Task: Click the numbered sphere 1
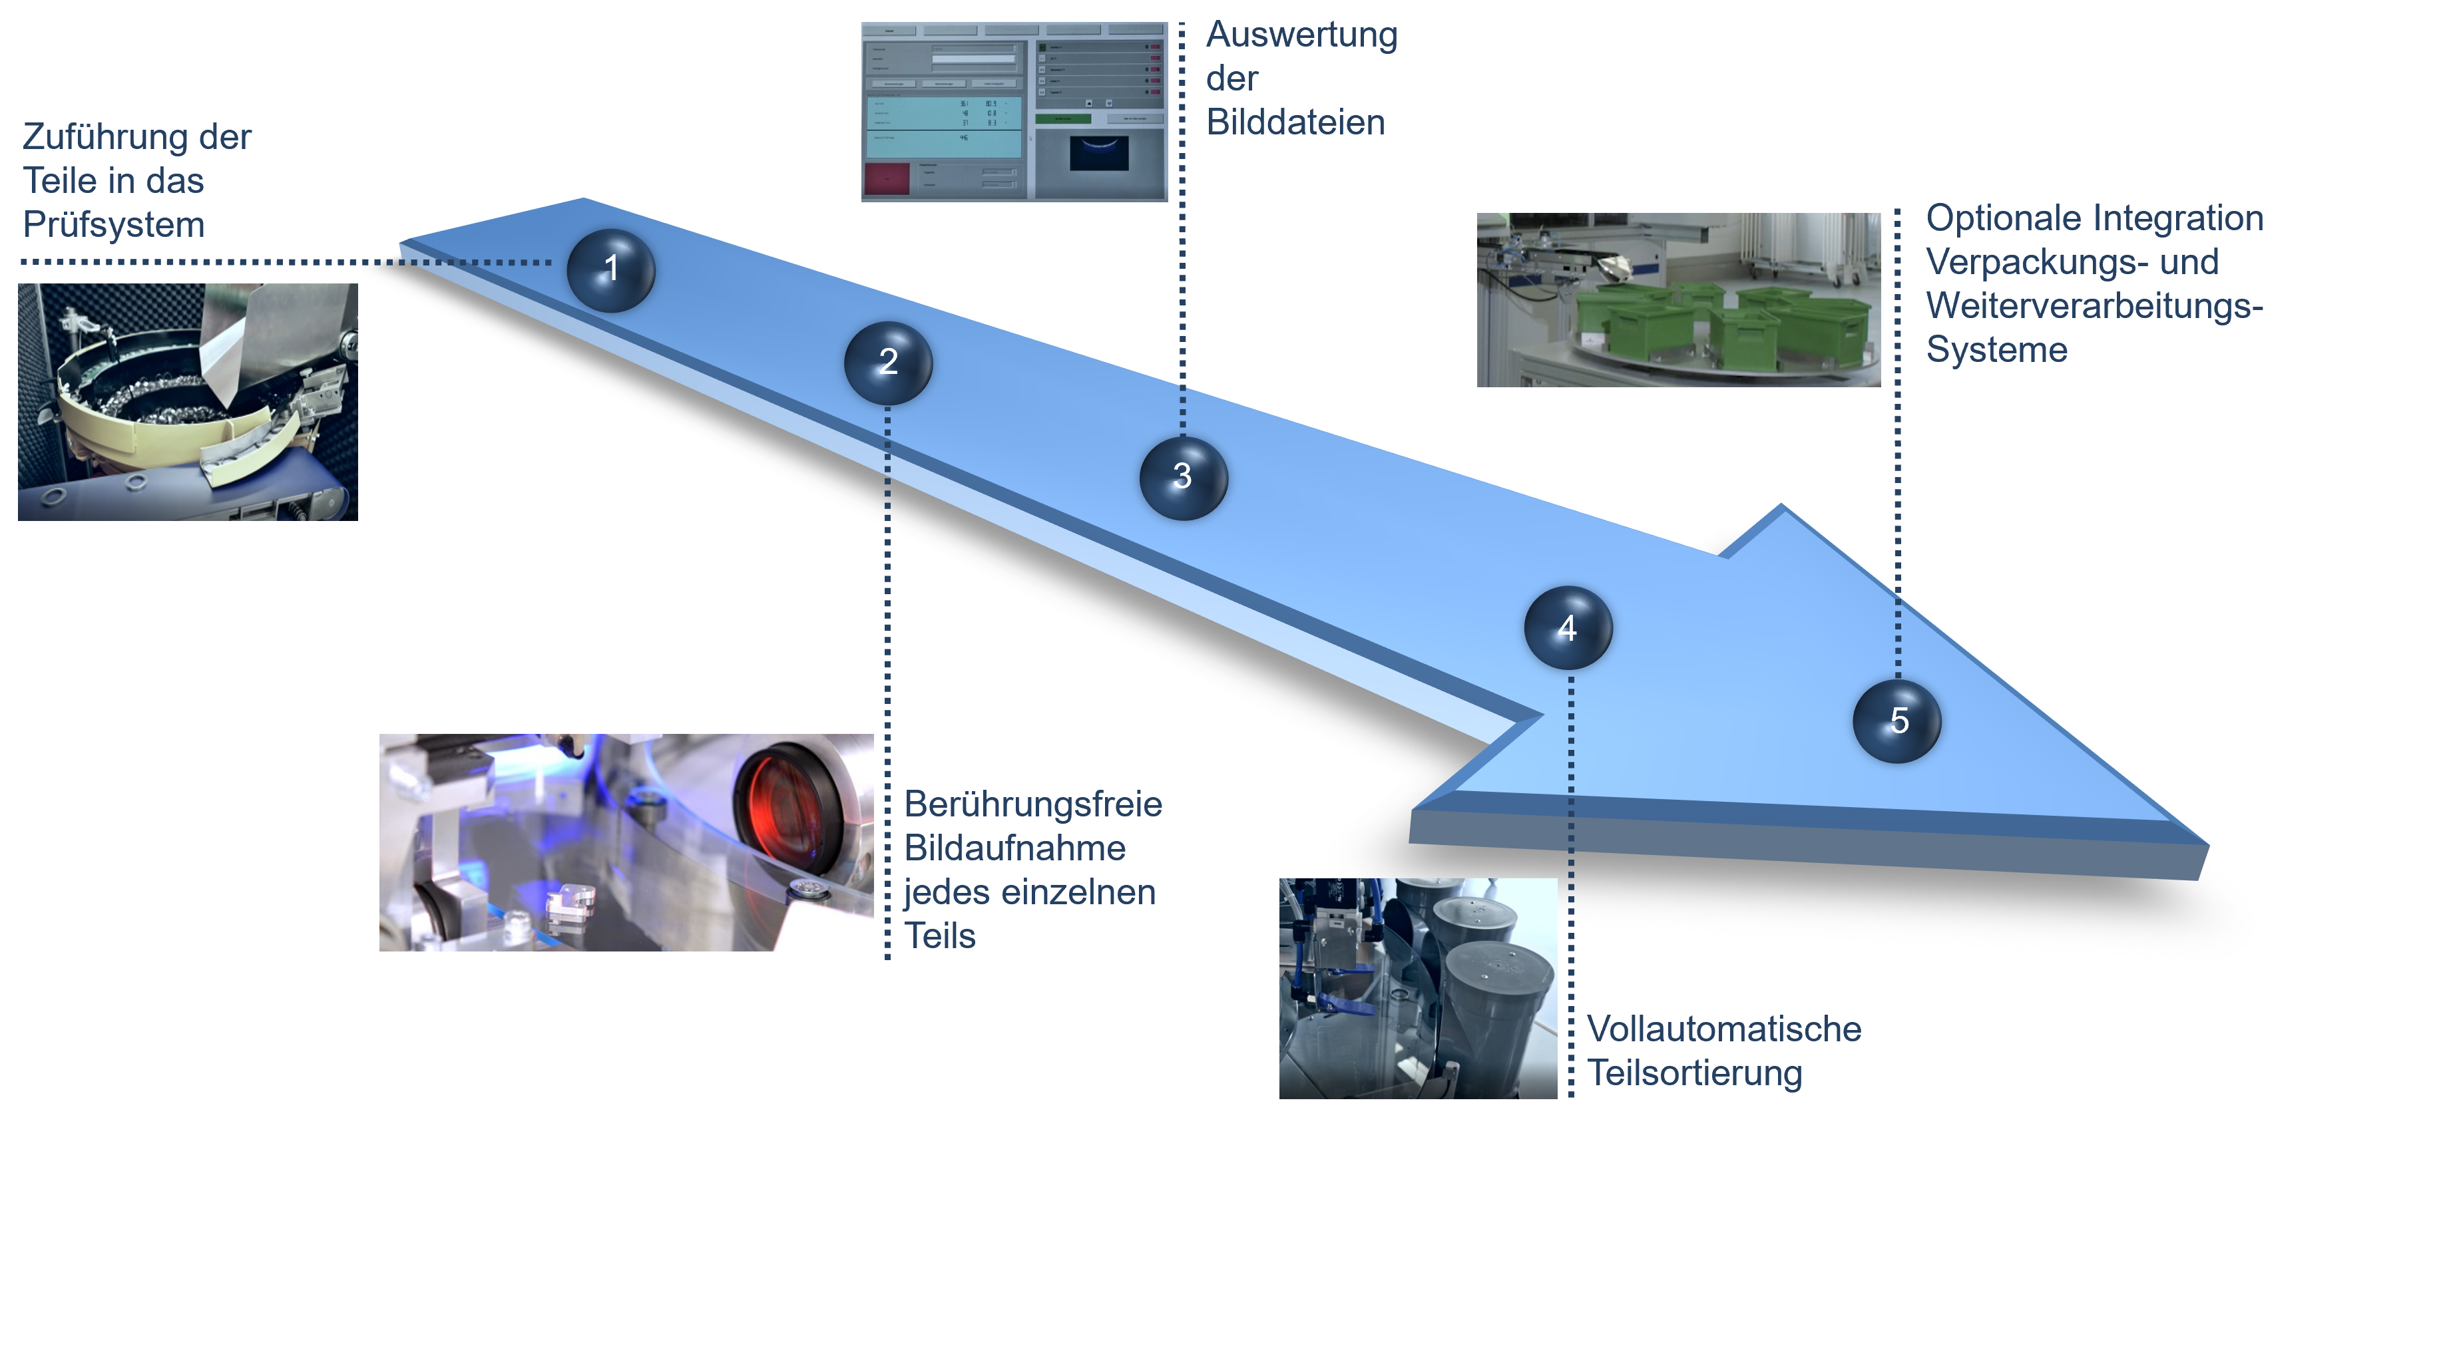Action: tap(610, 269)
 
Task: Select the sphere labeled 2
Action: tap(887, 363)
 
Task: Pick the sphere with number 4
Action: tap(1568, 628)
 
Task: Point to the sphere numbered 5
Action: tap(1897, 721)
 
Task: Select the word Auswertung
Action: tap(1301, 35)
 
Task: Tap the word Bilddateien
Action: tap(1295, 123)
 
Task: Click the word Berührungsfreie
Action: tap(1032, 804)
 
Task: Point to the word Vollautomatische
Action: tap(1723, 1029)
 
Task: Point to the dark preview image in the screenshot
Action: tap(1099, 152)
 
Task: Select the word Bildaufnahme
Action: tap(1014, 848)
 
